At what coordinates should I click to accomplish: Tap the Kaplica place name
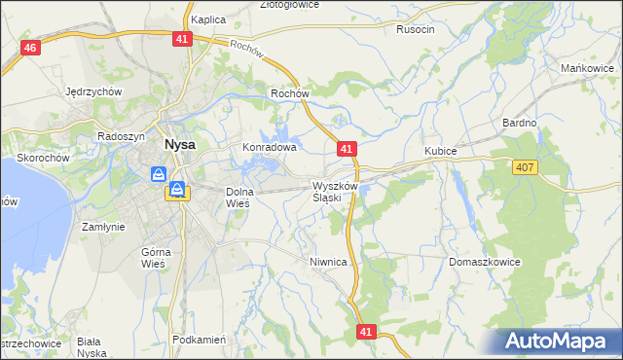(x=208, y=18)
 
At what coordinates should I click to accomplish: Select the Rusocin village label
(x=415, y=29)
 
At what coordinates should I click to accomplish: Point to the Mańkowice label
(x=587, y=68)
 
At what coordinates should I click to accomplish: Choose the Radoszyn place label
(x=122, y=137)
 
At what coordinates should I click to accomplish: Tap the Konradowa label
(x=269, y=148)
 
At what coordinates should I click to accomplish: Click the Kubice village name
(x=440, y=152)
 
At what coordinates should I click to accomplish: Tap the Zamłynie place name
(x=103, y=226)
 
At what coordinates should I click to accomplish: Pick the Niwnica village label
(x=328, y=262)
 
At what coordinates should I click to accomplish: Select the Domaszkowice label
(x=485, y=262)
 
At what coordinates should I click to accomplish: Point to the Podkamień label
(x=199, y=340)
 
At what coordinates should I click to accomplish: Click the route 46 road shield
(x=31, y=49)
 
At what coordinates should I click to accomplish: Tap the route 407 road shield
(x=525, y=168)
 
